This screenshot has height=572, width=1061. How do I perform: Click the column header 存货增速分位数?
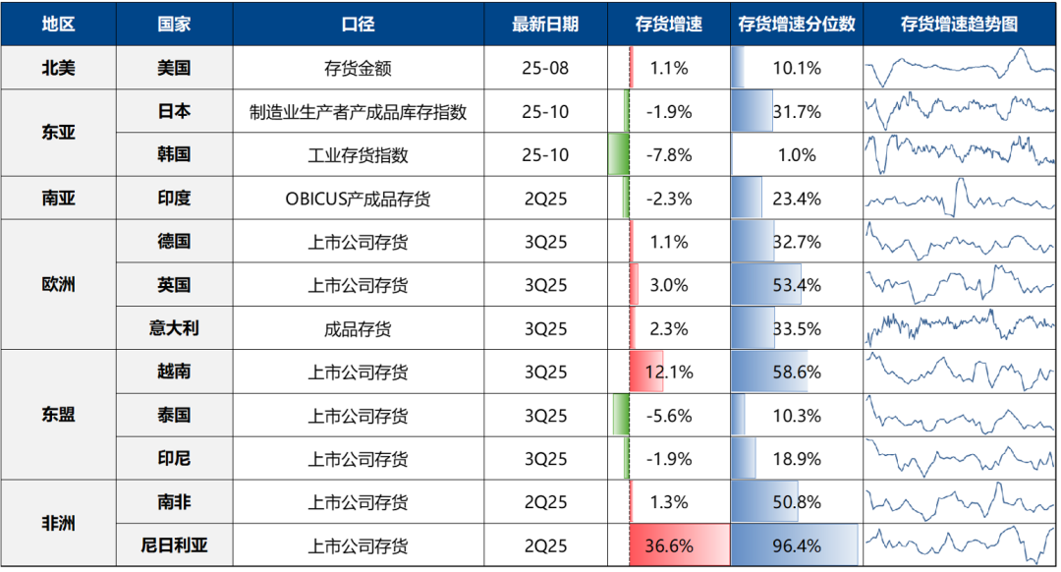coord(796,25)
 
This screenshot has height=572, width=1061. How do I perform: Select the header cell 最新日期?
coord(545,25)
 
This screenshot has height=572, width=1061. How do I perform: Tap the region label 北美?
coord(58,69)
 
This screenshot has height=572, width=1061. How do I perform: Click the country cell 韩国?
coord(174,155)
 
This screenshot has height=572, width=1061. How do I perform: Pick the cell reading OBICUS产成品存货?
coord(358,199)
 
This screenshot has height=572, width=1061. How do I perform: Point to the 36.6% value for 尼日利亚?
coord(669,545)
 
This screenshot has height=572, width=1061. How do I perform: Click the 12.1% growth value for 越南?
coord(669,372)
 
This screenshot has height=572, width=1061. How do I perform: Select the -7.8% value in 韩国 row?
coord(669,155)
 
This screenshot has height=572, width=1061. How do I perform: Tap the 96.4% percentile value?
coord(796,545)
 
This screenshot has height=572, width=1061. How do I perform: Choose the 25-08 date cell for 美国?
coord(545,69)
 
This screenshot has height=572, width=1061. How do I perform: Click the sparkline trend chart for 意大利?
coord(960,328)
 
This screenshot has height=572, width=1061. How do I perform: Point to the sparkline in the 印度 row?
coord(960,199)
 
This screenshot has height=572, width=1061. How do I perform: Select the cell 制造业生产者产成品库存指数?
coord(358,112)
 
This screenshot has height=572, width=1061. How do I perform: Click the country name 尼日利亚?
coord(174,545)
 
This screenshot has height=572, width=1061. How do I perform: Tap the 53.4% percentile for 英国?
coord(796,285)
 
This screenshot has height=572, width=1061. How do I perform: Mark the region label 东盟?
coord(58,415)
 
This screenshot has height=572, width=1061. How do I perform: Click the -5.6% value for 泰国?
coord(669,415)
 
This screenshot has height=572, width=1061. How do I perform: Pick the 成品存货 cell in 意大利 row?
coord(358,328)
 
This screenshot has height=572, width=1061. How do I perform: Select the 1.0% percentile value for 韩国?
coord(796,155)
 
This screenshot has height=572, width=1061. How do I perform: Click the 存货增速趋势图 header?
coord(960,25)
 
